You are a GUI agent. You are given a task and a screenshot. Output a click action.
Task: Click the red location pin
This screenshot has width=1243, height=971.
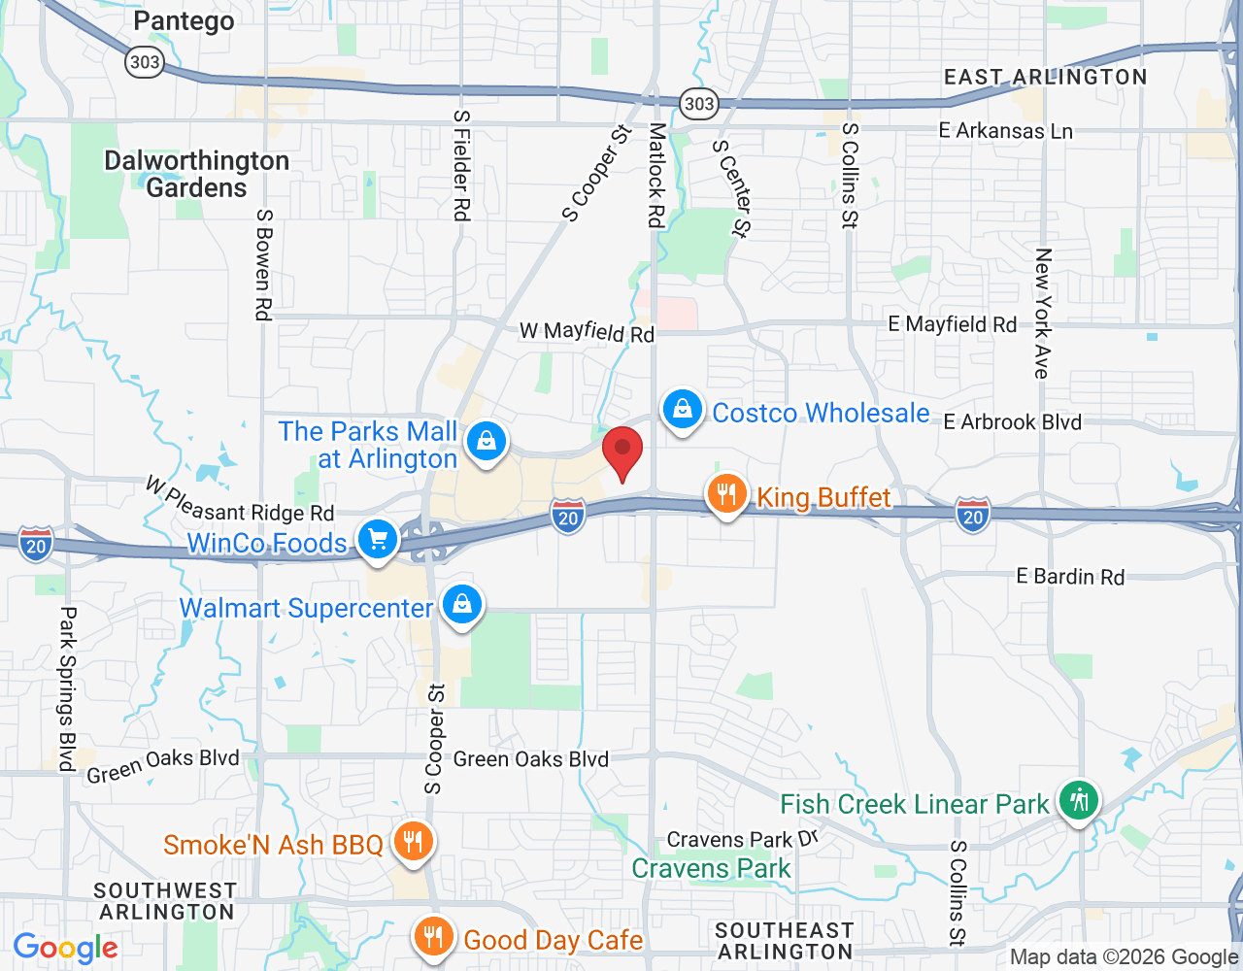pyautogui.click(x=622, y=452)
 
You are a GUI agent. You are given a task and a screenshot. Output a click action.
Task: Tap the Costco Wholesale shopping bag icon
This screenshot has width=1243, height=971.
pyautogui.click(x=683, y=410)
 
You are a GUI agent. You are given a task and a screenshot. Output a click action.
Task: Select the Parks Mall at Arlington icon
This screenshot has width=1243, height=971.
pyautogui.click(x=487, y=442)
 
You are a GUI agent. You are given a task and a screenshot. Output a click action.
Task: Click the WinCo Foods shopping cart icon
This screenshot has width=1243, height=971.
pyautogui.click(x=377, y=539)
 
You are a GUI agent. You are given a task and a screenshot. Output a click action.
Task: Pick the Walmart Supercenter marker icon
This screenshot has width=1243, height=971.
pyautogui.click(x=462, y=604)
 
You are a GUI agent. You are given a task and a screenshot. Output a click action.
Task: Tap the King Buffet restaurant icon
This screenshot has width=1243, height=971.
pyautogui.click(x=726, y=495)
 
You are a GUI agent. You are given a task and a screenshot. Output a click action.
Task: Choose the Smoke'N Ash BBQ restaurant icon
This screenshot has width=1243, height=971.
pyautogui.click(x=414, y=841)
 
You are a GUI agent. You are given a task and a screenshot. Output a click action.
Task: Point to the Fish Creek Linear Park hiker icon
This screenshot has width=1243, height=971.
pyautogui.click(x=1078, y=800)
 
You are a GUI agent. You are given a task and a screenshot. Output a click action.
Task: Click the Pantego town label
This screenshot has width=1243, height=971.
pyautogui.click(x=184, y=20)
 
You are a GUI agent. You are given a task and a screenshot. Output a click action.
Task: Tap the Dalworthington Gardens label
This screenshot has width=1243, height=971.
pyautogui.click(x=197, y=174)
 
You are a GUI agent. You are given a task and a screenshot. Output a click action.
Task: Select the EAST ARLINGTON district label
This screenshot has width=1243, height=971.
pyautogui.click(x=1046, y=78)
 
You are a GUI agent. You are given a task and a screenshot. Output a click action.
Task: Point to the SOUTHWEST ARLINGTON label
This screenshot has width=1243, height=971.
pyautogui.click(x=166, y=901)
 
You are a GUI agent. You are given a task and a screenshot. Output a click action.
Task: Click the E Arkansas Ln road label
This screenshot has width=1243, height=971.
pyautogui.click(x=1005, y=130)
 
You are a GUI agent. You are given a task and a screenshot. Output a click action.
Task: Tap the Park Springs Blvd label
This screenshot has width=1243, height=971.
pyautogui.click(x=67, y=688)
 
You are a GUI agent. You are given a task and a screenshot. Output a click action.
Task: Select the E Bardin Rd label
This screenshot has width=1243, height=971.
pyautogui.click(x=1070, y=577)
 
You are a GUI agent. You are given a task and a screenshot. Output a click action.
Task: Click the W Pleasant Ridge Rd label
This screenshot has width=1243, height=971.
pyautogui.click(x=240, y=500)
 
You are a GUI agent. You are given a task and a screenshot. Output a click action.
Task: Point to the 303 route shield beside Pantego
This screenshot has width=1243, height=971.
pyautogui.click(x=144, y=62)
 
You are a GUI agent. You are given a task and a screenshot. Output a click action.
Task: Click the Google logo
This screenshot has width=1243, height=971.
pyautogui.click(x=66, y=948)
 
